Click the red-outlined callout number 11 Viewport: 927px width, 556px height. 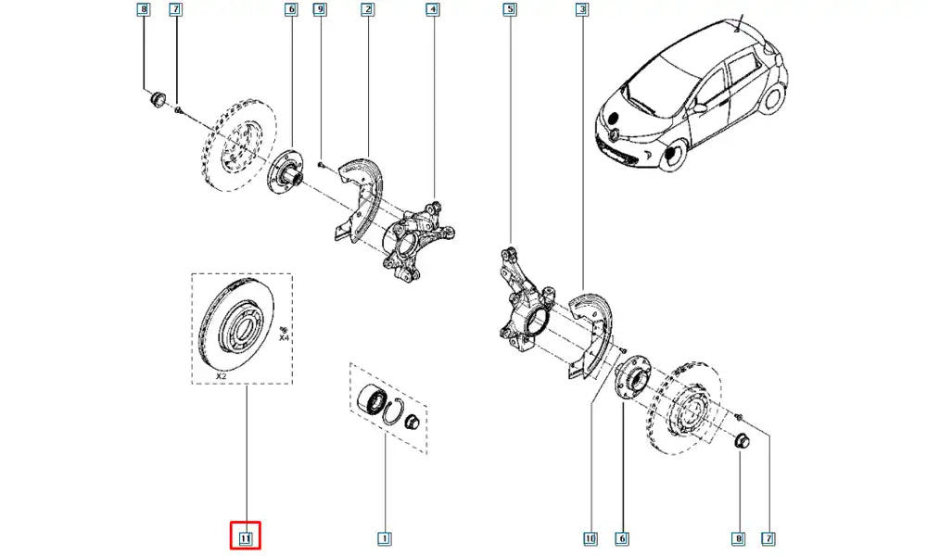coord(246,537)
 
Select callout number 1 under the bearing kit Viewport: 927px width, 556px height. coord(383,537)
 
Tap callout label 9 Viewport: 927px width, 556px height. coord(320,10)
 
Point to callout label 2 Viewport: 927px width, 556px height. coord(368,10)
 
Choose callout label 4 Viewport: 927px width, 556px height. coord(433,10)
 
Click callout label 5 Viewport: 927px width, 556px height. coord(509,10)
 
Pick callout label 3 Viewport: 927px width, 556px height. coord(581,10)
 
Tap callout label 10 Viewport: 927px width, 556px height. coord(590,537)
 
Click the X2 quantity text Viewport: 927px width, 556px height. coord(221,377)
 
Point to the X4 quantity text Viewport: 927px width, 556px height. coord(285,339)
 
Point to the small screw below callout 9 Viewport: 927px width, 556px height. coord(319,164)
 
